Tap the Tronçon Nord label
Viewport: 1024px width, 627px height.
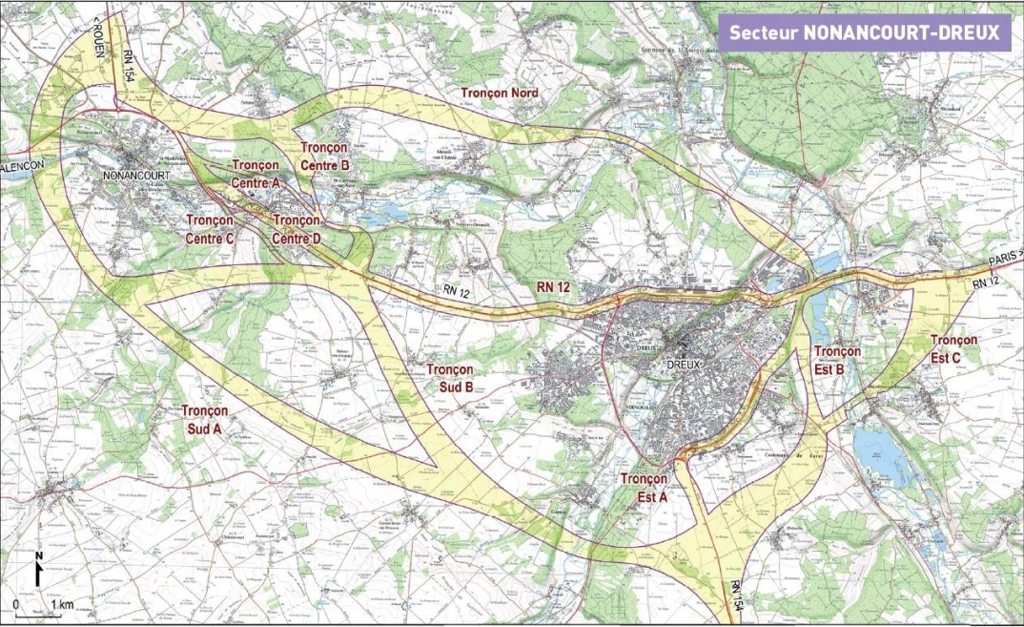[x=499, y=93]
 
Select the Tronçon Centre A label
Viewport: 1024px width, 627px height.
[x=256, y=173]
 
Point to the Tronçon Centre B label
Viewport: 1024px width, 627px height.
[x=325, y=156]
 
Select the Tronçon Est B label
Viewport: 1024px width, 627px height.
[x=837, y=360]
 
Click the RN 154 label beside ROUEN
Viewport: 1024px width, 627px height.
[x=130, y=72]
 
